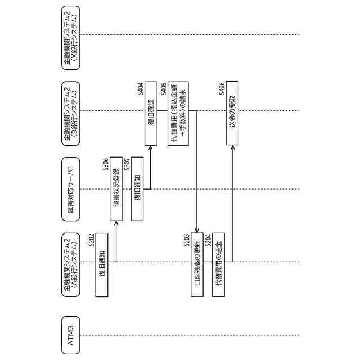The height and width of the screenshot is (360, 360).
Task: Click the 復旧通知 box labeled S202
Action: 102,263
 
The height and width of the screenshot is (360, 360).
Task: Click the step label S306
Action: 107,165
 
